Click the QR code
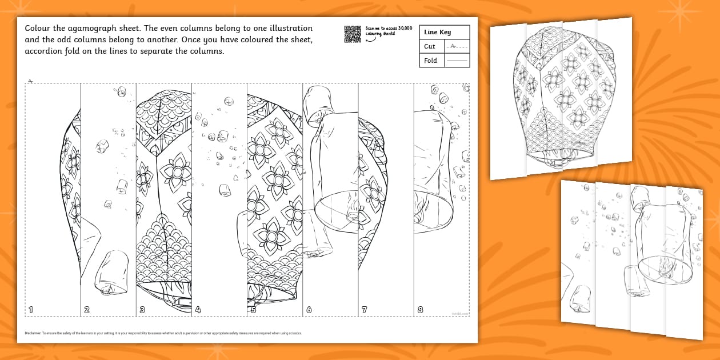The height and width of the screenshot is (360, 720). (x=353, y=34)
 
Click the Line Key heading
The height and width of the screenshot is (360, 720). (x=437, y=33)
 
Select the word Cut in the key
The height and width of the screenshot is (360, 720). (x=430, y=46)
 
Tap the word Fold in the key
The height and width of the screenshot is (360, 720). (x=431, y=60)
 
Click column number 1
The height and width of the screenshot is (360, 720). (x=31, y=310)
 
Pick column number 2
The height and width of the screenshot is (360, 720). (x=87, y=310)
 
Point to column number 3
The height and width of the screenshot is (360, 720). (x=142, y=310)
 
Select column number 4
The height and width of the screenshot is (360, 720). (x=198, y=310)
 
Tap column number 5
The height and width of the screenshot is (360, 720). (x=253, y=310)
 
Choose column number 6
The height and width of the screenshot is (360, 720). (x=309, y=310)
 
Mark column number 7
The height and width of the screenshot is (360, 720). (x=365, y=310)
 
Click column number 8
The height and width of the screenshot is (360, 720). (x=420, y=310)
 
